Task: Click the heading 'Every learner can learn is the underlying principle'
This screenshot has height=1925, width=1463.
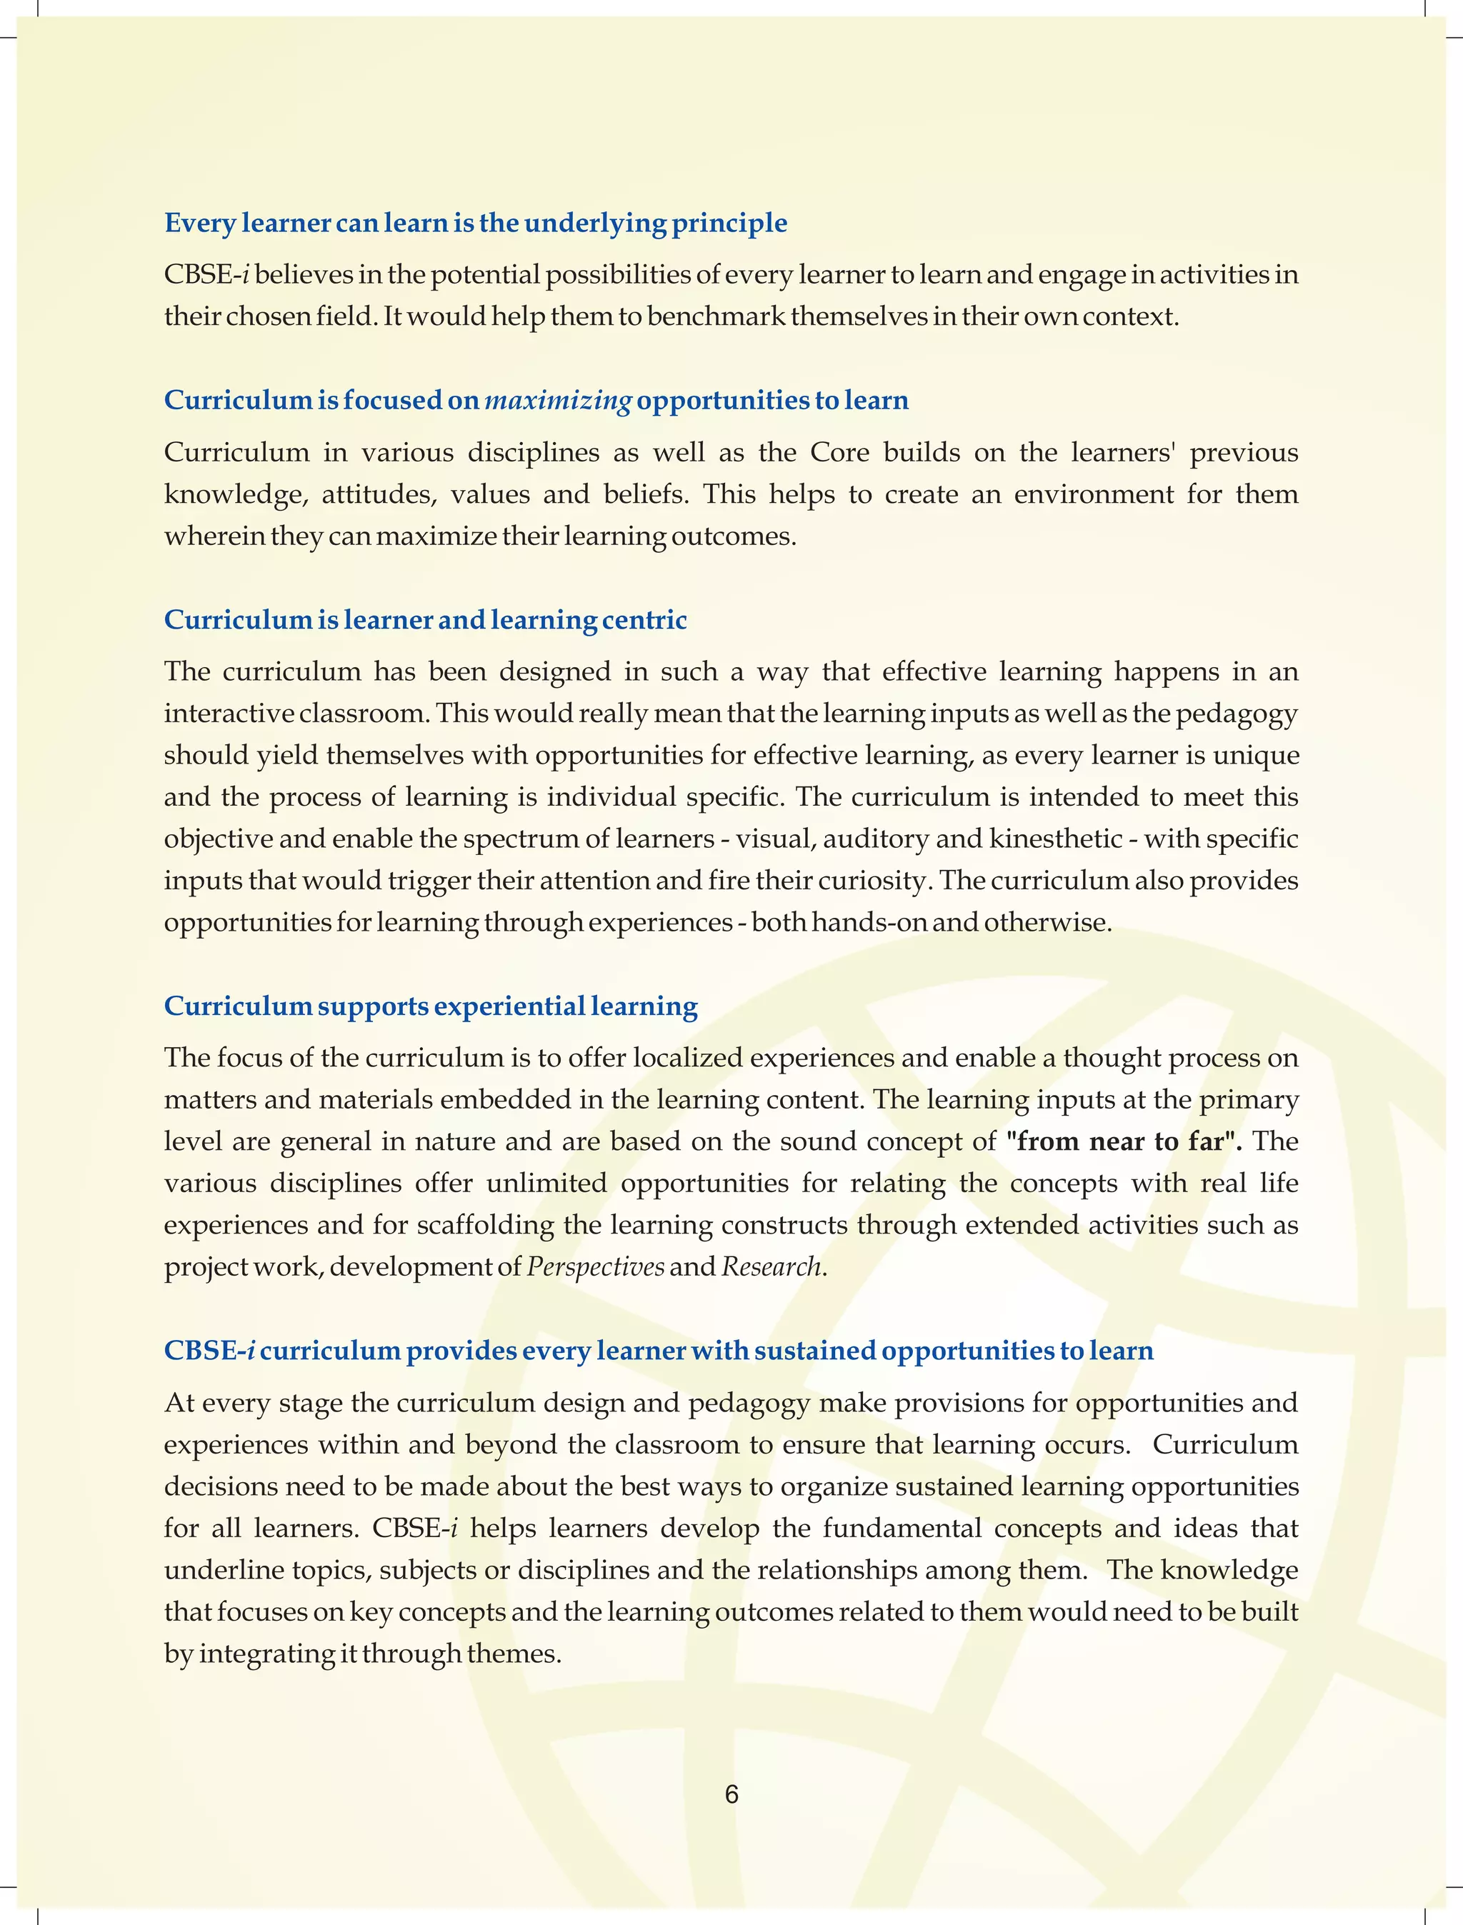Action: [476, 223]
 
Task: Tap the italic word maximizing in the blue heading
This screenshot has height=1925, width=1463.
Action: [557, 401]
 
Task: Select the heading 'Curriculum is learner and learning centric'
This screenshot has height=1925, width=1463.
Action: [425, 620]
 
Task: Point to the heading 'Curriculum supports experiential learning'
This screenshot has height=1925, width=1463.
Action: [430, 1006]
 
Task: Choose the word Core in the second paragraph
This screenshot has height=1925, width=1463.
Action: [839, 453]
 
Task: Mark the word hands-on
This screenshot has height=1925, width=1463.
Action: [870, 922]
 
